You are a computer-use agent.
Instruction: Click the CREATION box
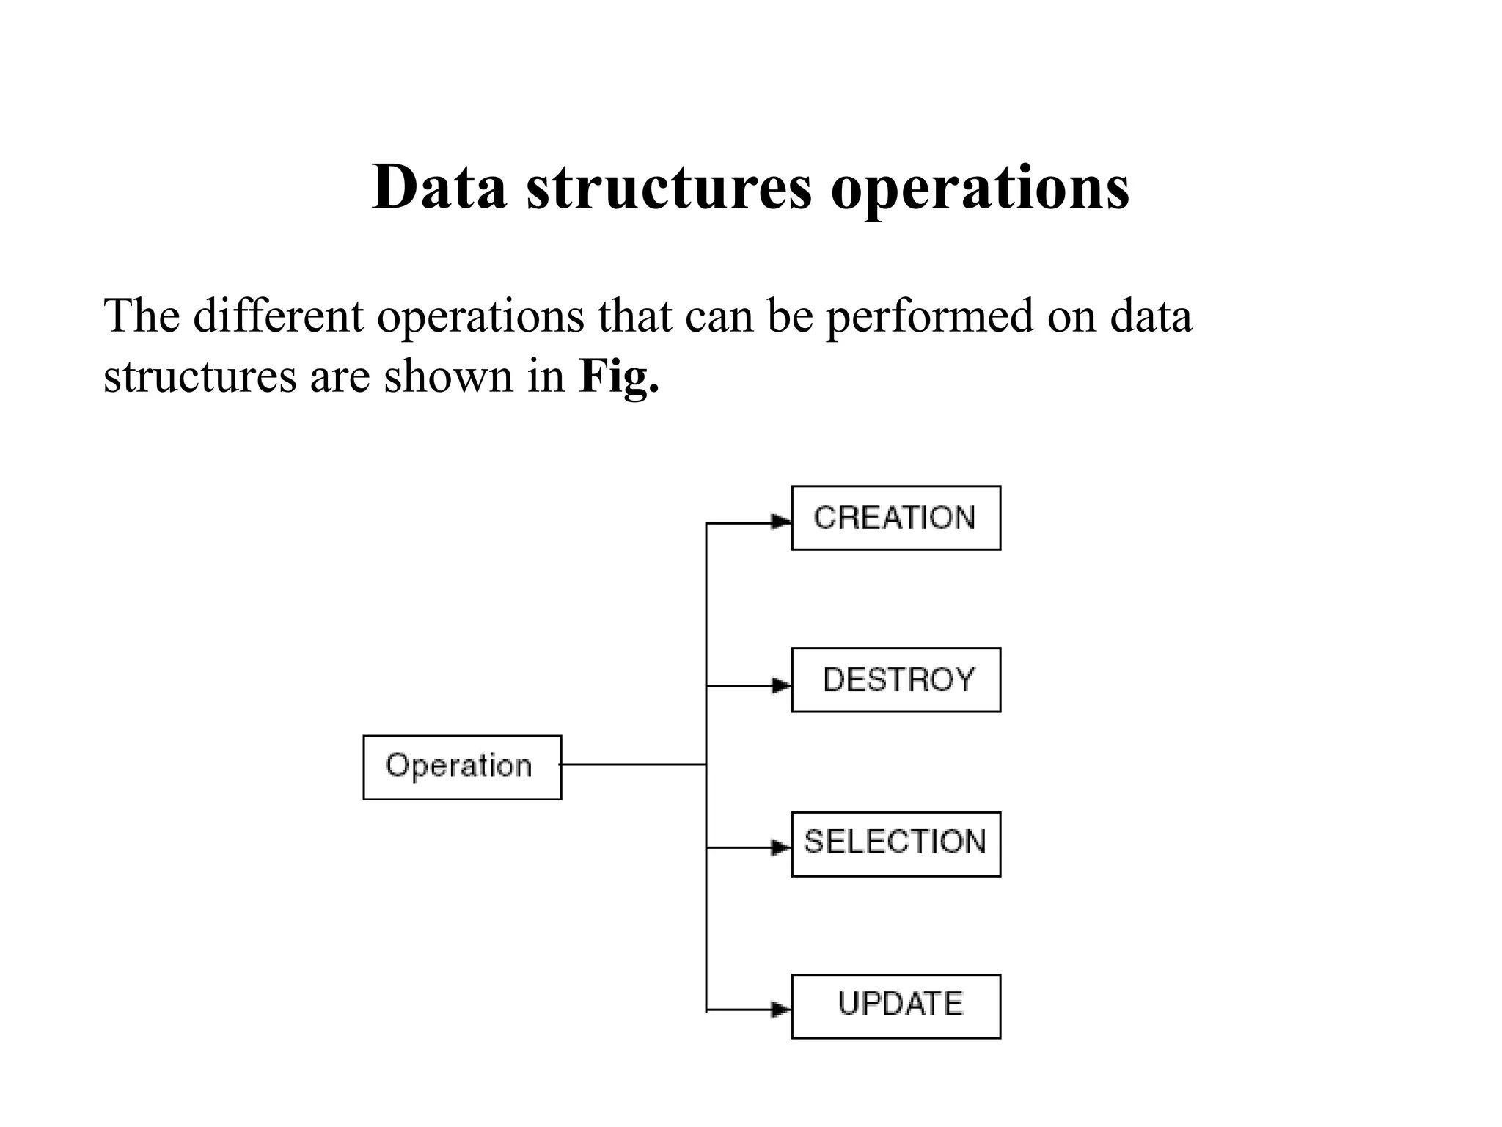coord(895,518)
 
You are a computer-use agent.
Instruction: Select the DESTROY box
coord(895,680)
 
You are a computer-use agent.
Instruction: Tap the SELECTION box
coord(895,844)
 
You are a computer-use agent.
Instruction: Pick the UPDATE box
coord(895,1006)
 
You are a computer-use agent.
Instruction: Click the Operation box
coord(462,767)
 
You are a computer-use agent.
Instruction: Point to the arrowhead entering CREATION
coord(781,522)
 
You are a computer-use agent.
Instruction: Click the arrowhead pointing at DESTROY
coord(781,686)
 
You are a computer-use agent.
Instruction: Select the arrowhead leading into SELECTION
coord(781,848)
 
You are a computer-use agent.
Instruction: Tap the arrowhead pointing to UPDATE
coord(781,1010)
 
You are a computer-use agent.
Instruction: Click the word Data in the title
coord(439,187)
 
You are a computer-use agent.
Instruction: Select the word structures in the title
coord(669,187)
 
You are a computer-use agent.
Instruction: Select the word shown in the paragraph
coord(448,376)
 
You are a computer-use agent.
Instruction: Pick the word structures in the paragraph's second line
coord(199,376)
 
